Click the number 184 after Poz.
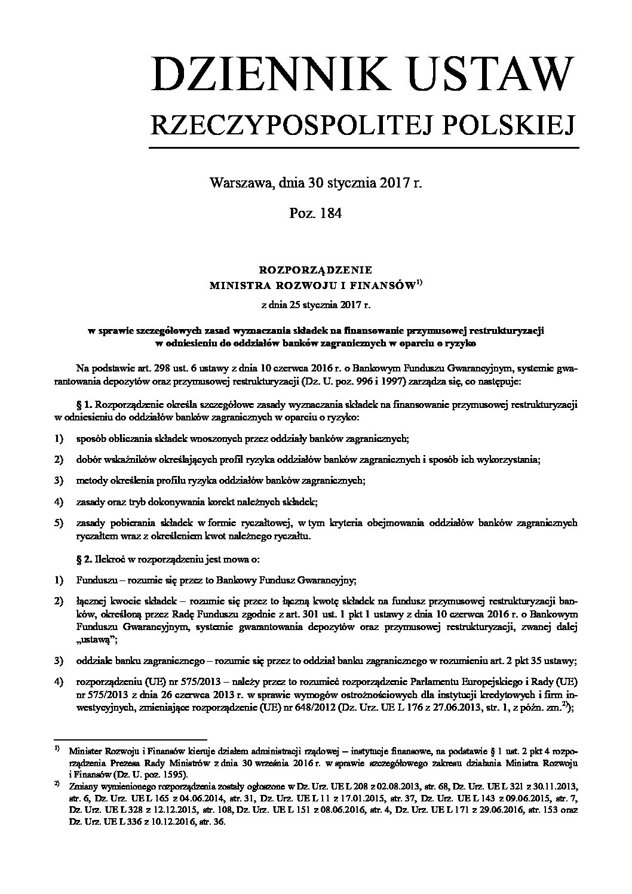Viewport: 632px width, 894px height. (x=330, y=213)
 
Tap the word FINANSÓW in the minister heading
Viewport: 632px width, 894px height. (x=385, y=287)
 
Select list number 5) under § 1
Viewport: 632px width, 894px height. (x=58, y=523)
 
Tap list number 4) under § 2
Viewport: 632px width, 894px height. (x=58, y=682)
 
